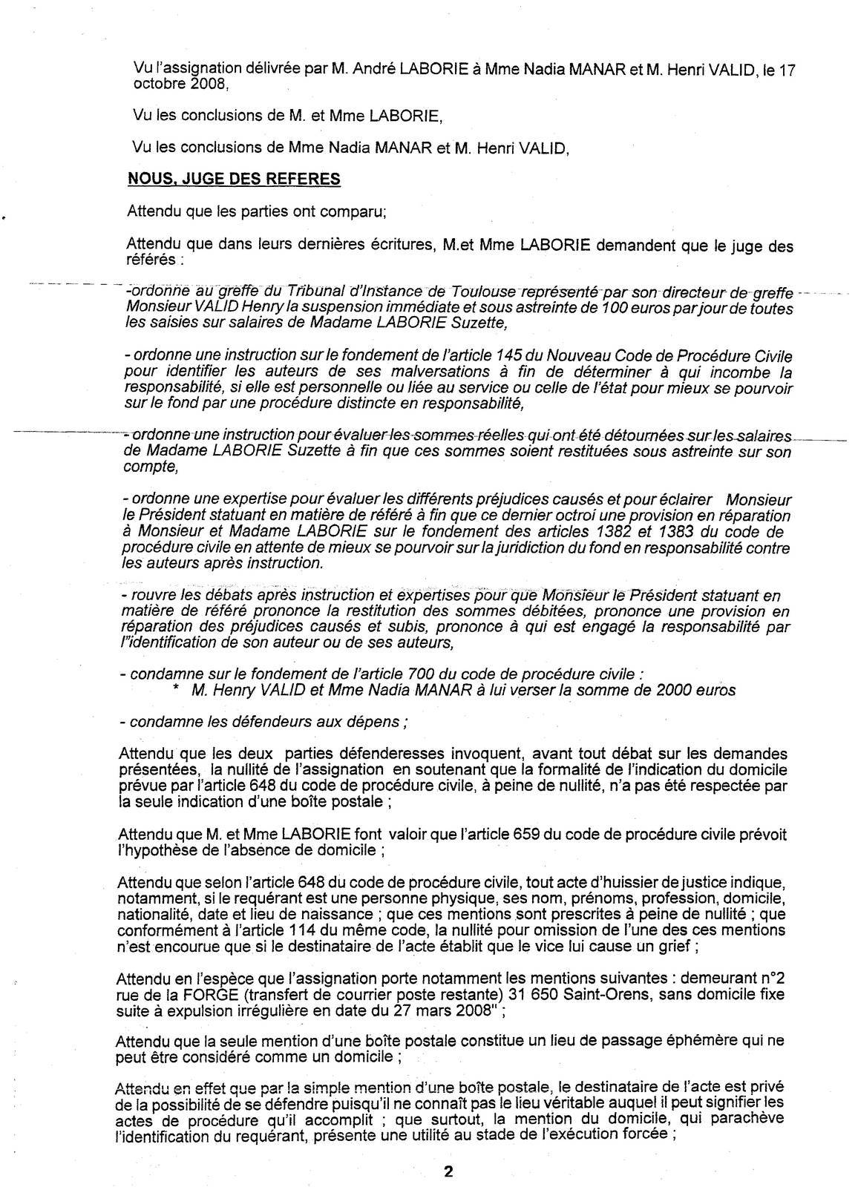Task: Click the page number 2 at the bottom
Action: [x=448, y=1172]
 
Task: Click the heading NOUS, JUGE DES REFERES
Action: [x=235, y=179]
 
